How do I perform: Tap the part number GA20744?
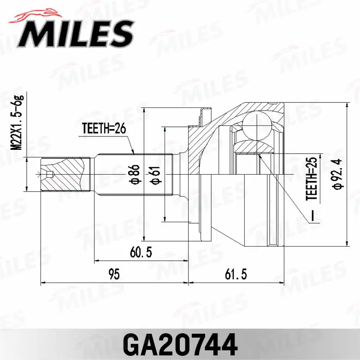point(180,343)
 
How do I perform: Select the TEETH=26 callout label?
point(104,129)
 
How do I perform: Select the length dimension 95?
point(114,275)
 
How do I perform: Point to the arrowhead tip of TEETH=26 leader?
point(134,153)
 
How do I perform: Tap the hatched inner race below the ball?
point(254,148)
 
